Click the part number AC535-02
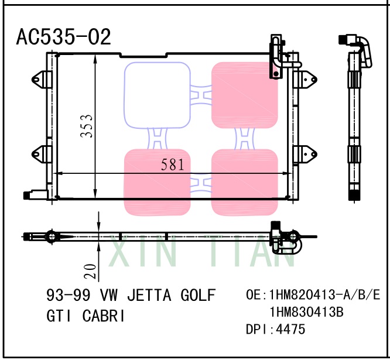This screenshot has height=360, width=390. [63, 37]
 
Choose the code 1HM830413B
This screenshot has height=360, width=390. [306, 311]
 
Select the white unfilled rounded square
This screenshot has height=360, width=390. [157, 95]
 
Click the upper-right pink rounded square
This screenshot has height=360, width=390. [244, 95]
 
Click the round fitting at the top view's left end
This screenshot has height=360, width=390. [50, 237]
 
